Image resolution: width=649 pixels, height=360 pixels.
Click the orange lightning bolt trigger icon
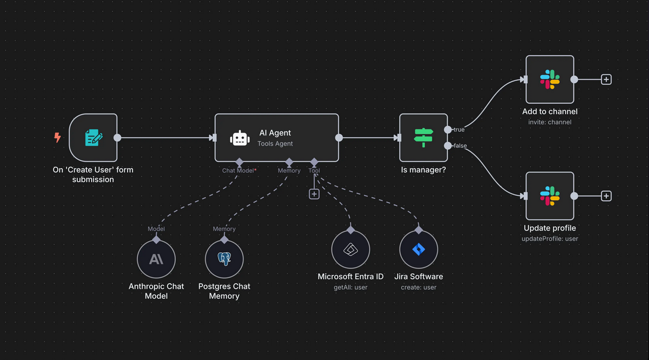coord(58,138)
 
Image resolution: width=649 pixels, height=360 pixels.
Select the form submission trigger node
coord(93,138)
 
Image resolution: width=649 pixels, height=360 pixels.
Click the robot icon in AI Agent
coord(240,138)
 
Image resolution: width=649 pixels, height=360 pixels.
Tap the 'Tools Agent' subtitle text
coord(275,144)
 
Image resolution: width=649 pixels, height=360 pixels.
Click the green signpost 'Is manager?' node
coord(423,138)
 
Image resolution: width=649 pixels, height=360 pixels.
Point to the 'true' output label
coord(459,130)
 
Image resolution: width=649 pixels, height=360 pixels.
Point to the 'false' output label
coord(460,146)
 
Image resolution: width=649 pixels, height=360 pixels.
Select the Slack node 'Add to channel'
coord(550,80)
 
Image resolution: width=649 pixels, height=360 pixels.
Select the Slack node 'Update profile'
coord(550,196)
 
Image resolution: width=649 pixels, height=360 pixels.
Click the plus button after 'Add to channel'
coord(606,80)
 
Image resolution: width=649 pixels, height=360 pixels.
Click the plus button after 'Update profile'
coord(606,196)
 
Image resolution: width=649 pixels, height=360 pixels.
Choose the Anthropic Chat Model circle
coord(156,260)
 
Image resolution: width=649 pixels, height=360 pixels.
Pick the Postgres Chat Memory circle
coord(224,260)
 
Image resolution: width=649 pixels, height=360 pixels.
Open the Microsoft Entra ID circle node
coord(351,250)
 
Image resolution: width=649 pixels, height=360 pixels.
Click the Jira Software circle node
coord(418,250)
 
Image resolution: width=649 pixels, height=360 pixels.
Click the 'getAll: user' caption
coord(351,288)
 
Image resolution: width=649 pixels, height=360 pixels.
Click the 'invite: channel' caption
coord(550,122)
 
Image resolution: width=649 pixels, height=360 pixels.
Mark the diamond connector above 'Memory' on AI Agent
coord(289,162)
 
